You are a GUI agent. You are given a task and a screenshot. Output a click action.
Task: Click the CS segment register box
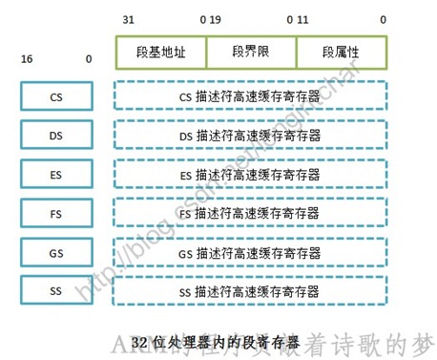click(x=55, y=96)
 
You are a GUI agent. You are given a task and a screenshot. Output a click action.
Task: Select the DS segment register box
click(x=55, y=136)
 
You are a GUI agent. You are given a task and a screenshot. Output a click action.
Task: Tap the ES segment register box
click(x=55, y=175)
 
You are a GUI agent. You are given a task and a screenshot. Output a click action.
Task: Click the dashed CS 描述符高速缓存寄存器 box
click(x=251, y=96)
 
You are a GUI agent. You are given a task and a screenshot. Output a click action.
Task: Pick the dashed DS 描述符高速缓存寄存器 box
click(x=251, y=136)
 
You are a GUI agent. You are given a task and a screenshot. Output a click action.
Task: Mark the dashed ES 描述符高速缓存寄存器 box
click(x=251, y=175)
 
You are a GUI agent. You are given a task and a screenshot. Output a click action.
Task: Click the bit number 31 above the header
click(x=129, y=19)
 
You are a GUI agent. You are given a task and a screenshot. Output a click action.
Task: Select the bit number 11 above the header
click(x=304, y=19)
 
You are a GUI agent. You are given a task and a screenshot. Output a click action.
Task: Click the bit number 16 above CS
click(x=27, y=60)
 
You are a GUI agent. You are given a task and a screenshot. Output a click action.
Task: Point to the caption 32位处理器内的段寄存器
click(x=216, y=340)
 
